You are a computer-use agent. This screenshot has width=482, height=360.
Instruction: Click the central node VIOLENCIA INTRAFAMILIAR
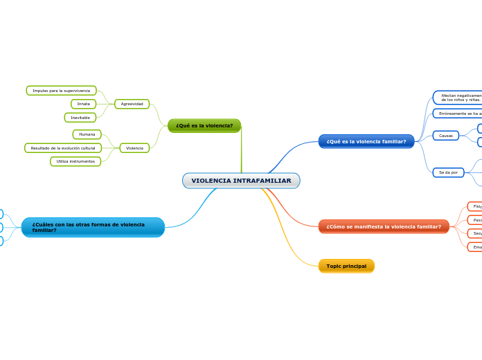241,181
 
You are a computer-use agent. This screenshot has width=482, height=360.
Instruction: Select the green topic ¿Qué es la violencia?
204,125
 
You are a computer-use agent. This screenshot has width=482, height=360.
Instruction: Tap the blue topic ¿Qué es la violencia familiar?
366,141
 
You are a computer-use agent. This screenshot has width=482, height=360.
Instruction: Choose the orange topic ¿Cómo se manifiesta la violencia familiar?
384,226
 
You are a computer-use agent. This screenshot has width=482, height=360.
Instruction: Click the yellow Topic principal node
346,266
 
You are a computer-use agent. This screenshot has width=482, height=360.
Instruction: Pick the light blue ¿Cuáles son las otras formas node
93,227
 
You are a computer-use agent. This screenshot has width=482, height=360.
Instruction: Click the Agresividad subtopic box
132,104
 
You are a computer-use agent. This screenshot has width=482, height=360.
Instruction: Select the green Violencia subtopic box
134,148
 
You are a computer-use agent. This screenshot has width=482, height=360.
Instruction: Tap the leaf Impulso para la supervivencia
61,91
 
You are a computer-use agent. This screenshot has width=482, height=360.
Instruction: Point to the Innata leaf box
84,104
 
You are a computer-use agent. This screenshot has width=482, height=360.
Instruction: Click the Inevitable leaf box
80,118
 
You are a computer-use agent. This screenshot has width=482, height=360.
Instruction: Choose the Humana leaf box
87,134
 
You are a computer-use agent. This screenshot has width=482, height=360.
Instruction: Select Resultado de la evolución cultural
63,148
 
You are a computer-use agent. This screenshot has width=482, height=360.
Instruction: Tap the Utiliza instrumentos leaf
75,161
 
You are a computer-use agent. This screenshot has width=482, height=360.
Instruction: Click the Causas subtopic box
446,136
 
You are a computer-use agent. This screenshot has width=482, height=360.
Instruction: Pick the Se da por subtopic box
448,172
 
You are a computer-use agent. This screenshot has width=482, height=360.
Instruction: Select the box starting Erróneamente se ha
458,114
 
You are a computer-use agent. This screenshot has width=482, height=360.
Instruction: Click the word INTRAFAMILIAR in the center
261,181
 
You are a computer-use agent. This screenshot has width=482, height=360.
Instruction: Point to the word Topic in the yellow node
334,266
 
